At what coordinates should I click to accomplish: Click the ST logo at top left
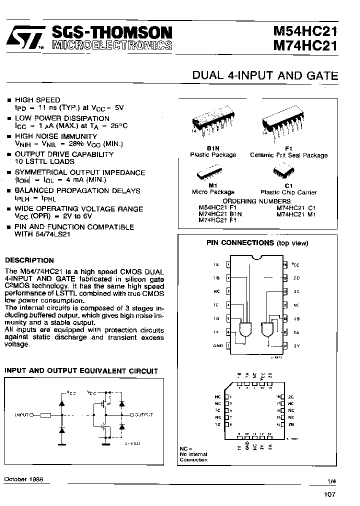pyautogui.click(x=25, y=38)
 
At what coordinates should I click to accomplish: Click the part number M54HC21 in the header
pyautogui.click(x=305, y=31)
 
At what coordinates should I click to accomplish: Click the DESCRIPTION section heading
pyautogui.click(x=29, y=260)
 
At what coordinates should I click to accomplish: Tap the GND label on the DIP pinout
pyautogui.click(x=218, y=345)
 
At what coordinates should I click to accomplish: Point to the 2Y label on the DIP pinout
pyautogui.click(x=296, y=345)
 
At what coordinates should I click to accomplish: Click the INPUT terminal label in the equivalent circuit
pyautogui.click(x=23, y=414)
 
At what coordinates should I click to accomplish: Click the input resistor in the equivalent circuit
pyautogui.click(x=45, y=414)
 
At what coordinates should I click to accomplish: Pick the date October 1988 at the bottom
pyautogui.click(x=23, y=479)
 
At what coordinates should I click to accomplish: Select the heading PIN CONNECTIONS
pyautogui.click(x=240, y=243)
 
